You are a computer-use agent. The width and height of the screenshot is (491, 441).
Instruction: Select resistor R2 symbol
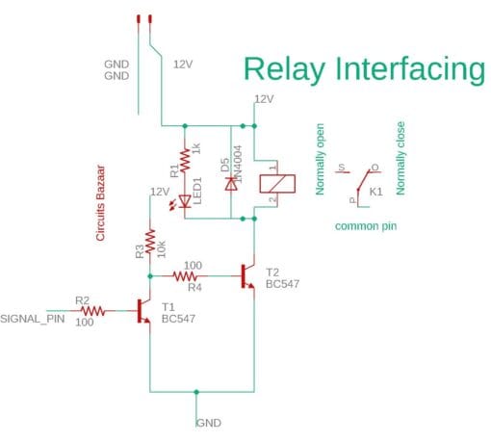click(x=92, y=311)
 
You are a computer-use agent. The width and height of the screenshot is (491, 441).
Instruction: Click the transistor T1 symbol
click(x=144, y=311)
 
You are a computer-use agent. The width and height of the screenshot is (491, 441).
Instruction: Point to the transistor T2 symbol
click(x=247, y=276)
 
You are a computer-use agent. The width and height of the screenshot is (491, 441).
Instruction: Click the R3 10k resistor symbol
click(x=150, y=241)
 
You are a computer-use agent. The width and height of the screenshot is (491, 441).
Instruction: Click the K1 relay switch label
click(x=376, y=192)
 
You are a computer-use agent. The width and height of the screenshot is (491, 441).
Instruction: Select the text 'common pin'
click(x=365, y=226)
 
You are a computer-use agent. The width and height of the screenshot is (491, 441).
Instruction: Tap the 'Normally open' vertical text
click(x=320, y=159)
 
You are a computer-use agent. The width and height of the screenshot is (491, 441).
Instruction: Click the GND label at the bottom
click(x=209, y=423)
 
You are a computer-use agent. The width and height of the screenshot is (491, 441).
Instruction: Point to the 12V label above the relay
click(x=264, y=98)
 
